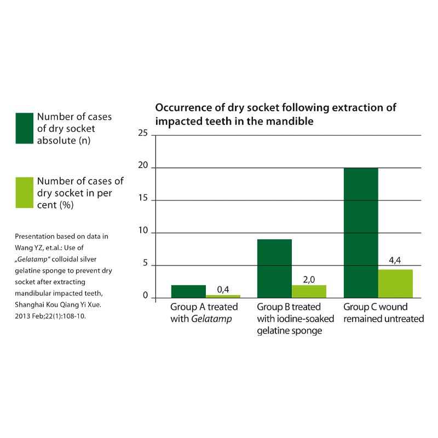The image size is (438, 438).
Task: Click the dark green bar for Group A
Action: point(188,292)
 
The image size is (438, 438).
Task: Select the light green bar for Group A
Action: point(223,296)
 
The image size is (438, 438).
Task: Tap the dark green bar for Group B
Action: point(274,269)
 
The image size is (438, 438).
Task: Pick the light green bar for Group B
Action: point(309,291)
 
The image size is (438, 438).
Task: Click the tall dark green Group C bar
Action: point(361,233)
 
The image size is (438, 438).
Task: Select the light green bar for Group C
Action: point(395,284)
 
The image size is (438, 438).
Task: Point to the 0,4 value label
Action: point(223,289)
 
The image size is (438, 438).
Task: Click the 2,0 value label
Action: point(309,280)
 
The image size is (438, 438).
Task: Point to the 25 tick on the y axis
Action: point(143,135)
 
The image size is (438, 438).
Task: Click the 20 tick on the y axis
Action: point(143,168)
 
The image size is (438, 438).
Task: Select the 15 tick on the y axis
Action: point(143,200)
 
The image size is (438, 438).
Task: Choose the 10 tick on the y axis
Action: point(143,233)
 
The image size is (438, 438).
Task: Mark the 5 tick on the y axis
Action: point(146,266)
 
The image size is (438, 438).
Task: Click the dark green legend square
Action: point(25,128)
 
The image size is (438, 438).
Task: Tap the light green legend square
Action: point(25,192)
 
